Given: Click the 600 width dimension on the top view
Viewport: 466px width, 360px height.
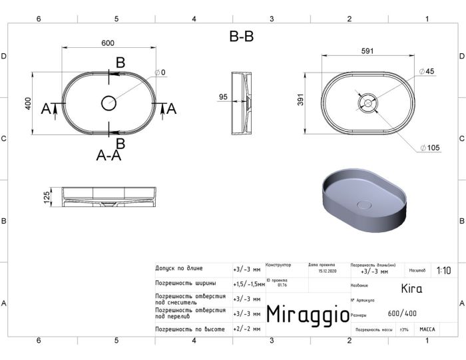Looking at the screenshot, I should click(x=108, y=43).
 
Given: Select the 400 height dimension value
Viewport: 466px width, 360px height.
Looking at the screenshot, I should click(x=28, y=104).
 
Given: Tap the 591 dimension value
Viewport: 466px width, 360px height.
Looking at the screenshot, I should click(x=366, y=51).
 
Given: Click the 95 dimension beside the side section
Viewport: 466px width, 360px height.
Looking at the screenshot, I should click(x=223, y=97).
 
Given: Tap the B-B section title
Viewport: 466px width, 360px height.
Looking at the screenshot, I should click(x=241, y=37).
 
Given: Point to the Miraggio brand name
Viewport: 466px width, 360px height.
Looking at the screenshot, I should click(x=307, y=315).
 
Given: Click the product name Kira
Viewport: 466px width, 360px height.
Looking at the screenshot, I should click(x=411, y=289).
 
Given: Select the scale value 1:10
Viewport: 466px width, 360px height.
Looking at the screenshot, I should click(x=443, y=271).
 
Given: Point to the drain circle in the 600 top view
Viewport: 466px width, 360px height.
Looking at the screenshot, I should click(x=108, y=103).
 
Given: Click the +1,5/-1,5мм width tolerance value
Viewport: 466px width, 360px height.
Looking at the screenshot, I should click(x=248, y=284).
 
